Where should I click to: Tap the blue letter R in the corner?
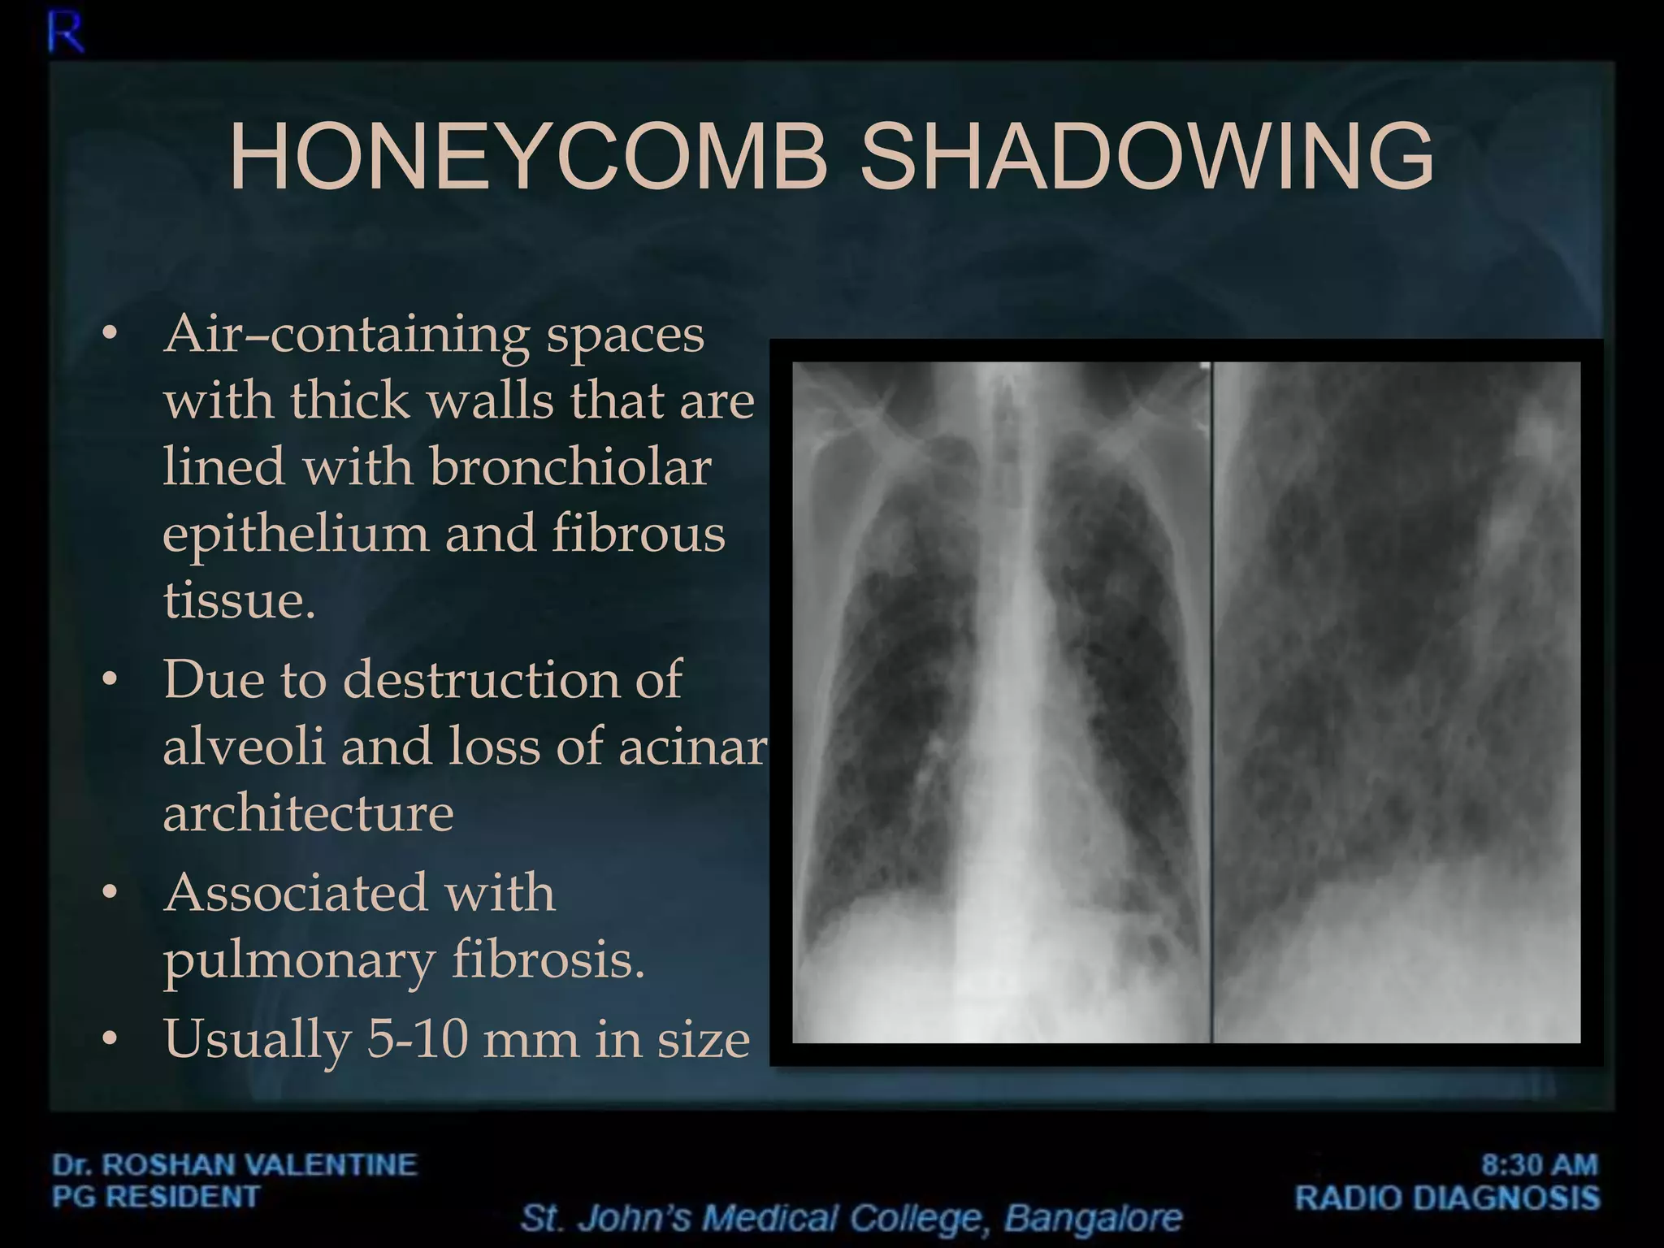(66, 34)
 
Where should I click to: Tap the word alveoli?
(244, 746)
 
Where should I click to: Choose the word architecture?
(308, 812)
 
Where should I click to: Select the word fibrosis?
(548, 960)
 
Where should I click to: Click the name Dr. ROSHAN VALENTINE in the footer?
(235, 1164)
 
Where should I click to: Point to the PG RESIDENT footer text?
(156, 1197)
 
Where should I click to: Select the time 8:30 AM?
(1539, 1164)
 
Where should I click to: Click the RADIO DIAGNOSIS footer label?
(1447, 1198)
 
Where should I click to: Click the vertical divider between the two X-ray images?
(1211, 702)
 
